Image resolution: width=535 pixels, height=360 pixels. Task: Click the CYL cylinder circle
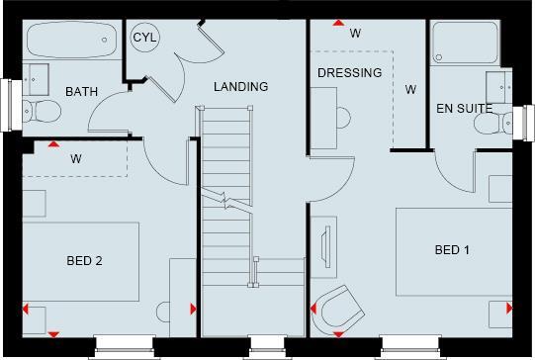[146, 38]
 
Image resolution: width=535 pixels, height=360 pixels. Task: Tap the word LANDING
[241, 87]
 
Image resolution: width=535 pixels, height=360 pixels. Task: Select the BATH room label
[81, 92]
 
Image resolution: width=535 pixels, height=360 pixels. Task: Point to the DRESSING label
[350, 73]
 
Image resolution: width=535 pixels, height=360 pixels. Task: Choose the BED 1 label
[452, 251]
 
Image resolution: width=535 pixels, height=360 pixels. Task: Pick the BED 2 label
[85, 261]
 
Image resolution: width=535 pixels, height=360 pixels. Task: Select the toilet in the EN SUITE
[491, 123]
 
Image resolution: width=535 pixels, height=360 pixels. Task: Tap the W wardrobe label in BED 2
[75, 157]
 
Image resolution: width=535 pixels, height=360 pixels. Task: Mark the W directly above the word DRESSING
[355, 34]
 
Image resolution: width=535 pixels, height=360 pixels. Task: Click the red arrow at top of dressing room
[338, 22]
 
